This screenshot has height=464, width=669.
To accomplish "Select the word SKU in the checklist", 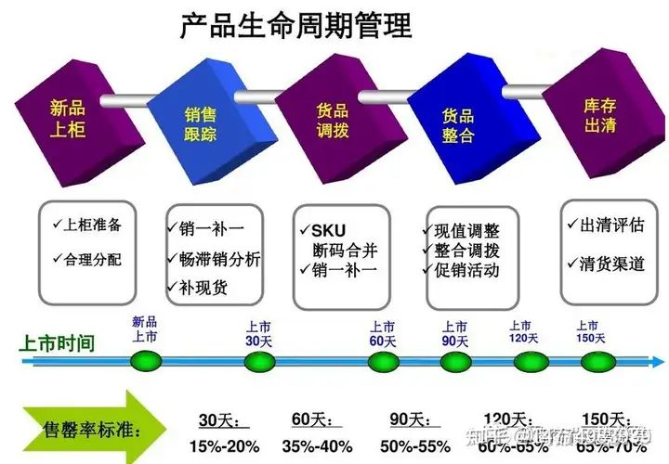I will pos(328,229).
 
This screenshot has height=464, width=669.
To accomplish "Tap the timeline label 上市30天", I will pos(258,334).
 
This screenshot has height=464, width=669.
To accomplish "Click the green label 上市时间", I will pos(57,342).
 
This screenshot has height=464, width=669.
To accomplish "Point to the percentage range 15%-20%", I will pos(222,445).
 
